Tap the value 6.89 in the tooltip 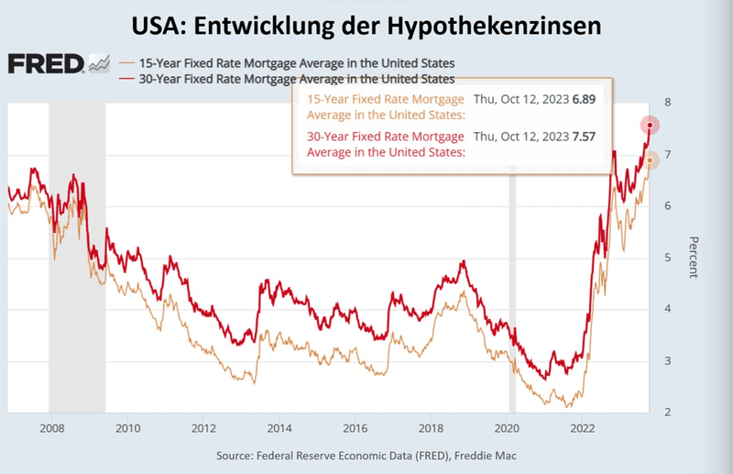[585, 99]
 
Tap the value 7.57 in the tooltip [585, 138]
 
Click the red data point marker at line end [650, 125]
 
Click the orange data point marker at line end [650, 160]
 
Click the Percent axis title [694, 258]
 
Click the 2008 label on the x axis [51, 428]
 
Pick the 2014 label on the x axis [279, 428]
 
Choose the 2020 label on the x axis [507, 428]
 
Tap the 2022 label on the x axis [583, 428]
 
